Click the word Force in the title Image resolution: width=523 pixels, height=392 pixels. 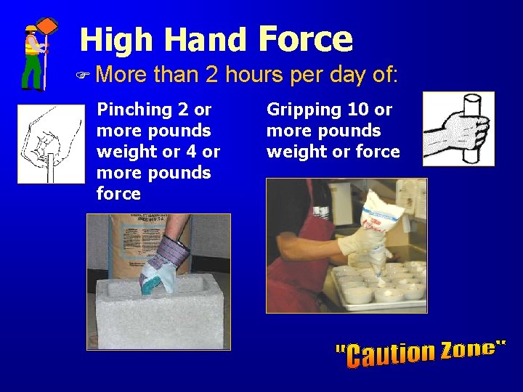point(306,39)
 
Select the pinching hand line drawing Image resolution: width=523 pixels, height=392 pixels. point(50,144)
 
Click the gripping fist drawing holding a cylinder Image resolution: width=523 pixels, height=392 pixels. point(458,128)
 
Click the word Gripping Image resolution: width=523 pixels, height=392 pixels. point(296,110)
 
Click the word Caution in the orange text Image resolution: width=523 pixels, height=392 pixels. point(389,354)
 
